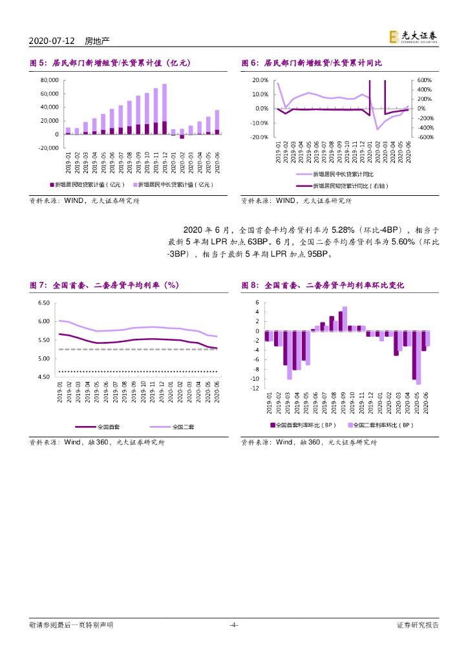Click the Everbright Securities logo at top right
(x=414, y=38)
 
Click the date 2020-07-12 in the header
(x=53, y=41)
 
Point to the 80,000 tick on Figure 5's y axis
(x=50, y=80)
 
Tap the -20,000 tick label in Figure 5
(x=48, y=148)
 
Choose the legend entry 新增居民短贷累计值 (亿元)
(x=90, y=184)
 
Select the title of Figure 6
(x=312, y=63)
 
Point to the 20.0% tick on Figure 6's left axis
(x=260, y=80)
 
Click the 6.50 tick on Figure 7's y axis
(x=44, y=303)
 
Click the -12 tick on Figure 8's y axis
(x=255, y=389)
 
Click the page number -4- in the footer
(x=234, y=625)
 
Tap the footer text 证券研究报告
(x=418, y=625)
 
